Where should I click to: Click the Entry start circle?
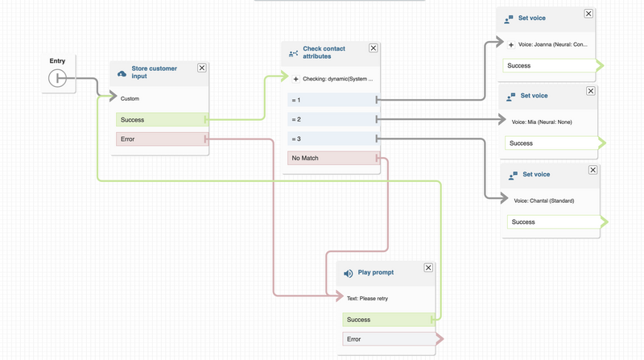point(57,78)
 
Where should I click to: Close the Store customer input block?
point(202,68)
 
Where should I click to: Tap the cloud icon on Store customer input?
point(122,73)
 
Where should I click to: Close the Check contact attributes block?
point(373,48)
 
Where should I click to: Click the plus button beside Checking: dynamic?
point(295,79)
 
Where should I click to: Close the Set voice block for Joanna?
point(588,14)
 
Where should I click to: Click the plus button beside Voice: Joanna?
point(511,44)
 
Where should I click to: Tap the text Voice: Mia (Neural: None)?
point(542,122)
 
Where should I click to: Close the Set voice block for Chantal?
point(592,170)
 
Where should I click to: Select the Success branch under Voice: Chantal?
point(554,222)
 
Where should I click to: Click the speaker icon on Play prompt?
point(349,274)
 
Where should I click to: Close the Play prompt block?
point(428,267)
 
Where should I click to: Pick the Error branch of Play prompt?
point(390,339)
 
